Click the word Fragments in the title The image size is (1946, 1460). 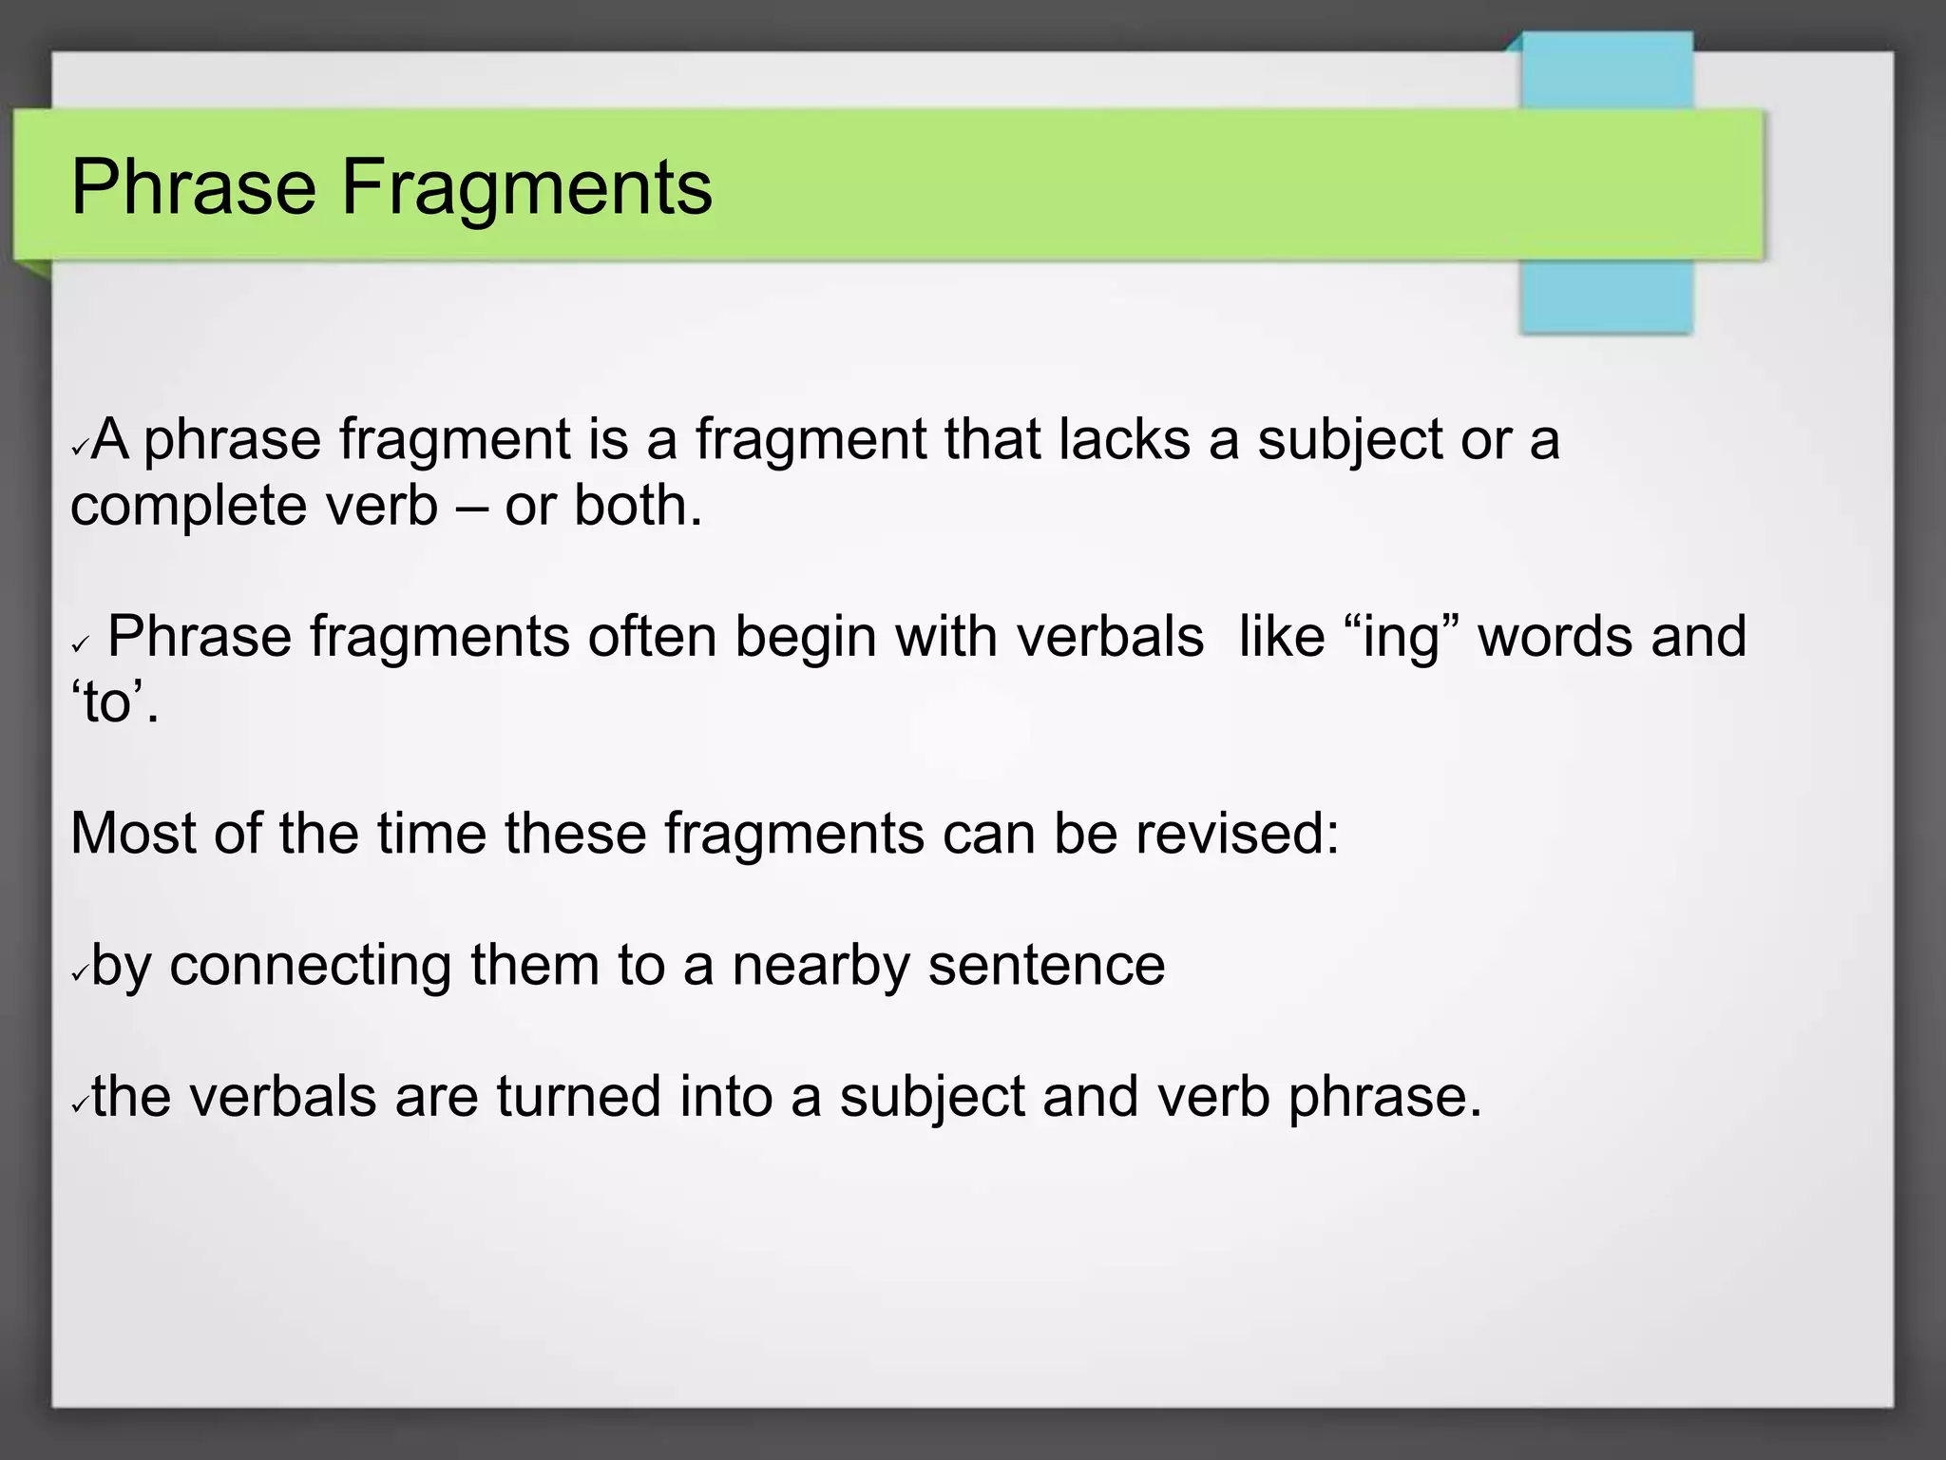[526, 188]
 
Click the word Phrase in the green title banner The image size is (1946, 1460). [193, 188]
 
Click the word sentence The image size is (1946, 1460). [1046, 966]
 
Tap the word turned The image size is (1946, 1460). [578, 1096]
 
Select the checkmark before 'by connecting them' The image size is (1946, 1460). [80, 972]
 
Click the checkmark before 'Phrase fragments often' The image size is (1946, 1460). [80, 644]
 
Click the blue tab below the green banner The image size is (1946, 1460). [1606, 296]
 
